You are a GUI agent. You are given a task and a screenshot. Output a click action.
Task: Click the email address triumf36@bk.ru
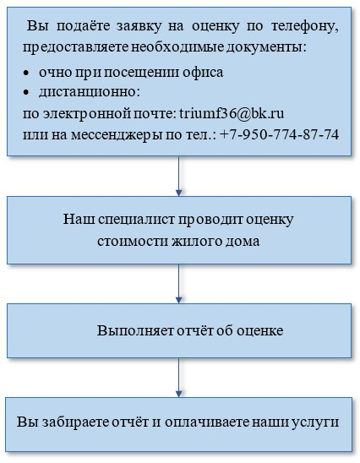pos(232,114)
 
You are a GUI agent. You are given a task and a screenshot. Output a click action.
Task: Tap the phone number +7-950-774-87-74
pos(279,135)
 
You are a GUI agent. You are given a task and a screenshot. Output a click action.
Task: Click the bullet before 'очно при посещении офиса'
pos(26,73)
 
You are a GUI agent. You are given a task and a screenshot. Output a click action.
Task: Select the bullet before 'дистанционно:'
pos(26,93)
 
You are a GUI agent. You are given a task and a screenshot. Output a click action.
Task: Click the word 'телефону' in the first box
pos(305,26)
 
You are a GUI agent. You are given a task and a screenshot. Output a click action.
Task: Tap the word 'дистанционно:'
pos(90,92)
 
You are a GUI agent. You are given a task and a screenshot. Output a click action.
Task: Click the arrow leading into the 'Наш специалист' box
pos(178,176)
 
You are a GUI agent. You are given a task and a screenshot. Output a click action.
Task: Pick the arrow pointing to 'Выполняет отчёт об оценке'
pos(178,284)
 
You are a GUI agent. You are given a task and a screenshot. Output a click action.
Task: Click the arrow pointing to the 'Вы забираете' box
pos(178,378)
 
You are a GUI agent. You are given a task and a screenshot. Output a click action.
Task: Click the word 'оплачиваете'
pos(207,422)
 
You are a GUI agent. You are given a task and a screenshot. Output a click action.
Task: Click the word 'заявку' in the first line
pos(139,27)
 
